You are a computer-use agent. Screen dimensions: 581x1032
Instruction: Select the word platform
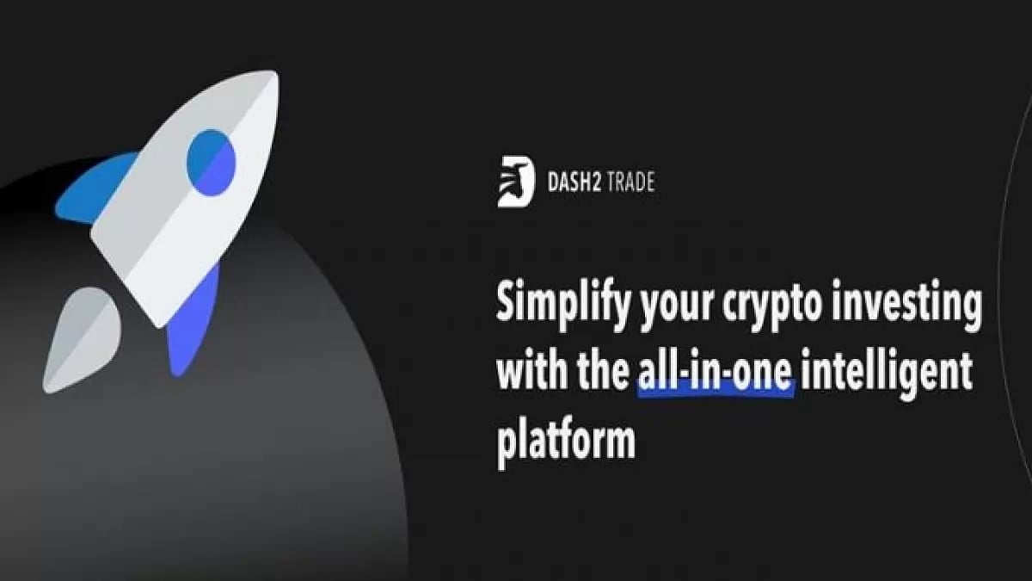(567, 441)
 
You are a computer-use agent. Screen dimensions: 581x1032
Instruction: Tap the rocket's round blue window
(211, 158)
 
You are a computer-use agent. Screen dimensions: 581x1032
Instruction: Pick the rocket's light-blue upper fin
(95, 189)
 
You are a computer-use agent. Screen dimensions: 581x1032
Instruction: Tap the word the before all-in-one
(599, 374)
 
